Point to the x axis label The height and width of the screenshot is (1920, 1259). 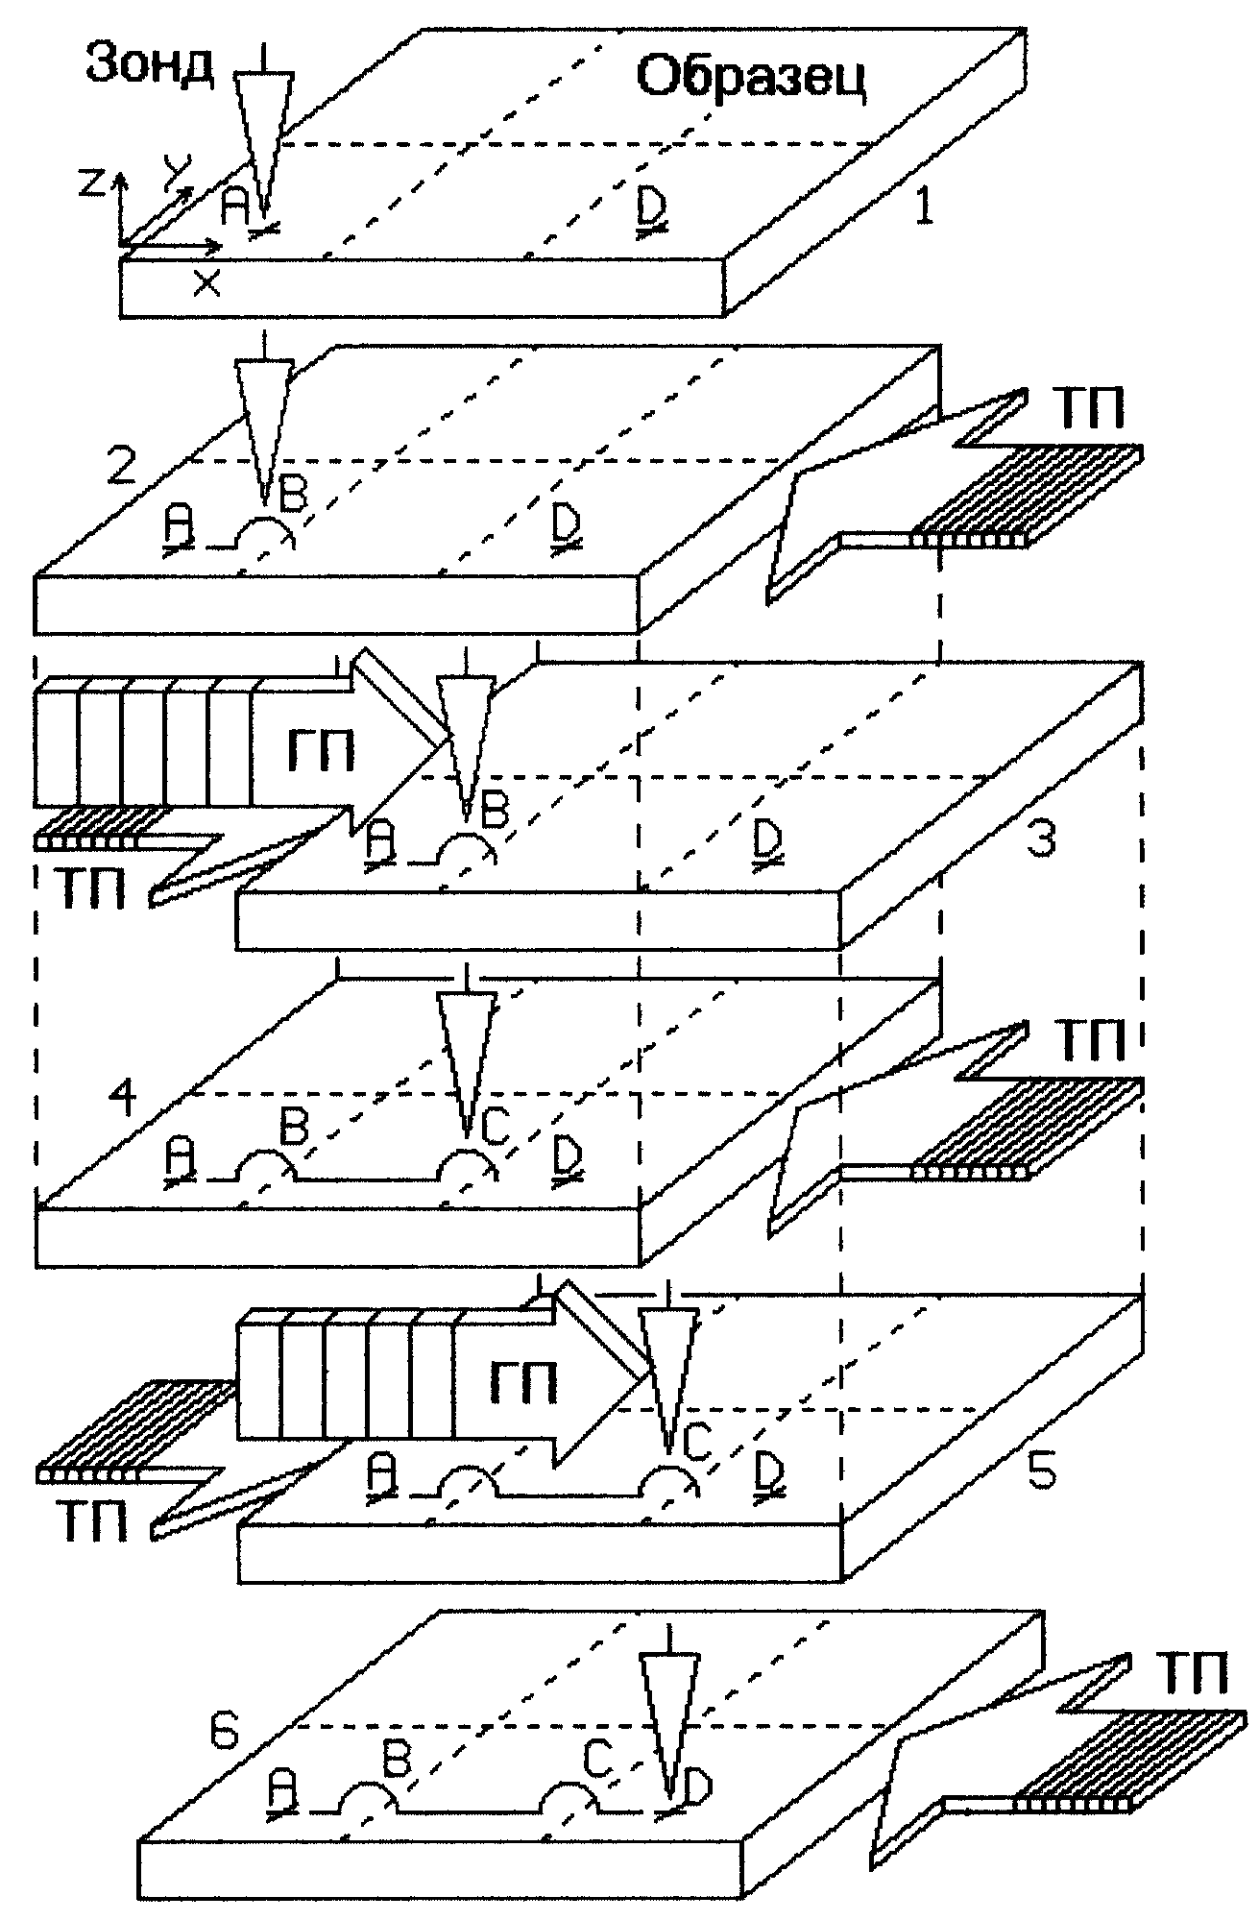pyautogui.click(x=206, y=283)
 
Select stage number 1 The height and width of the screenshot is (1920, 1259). pyautogui.click(x=923, y=207)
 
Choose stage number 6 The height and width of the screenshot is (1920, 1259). pyautogui.click(x=224, y=1732)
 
